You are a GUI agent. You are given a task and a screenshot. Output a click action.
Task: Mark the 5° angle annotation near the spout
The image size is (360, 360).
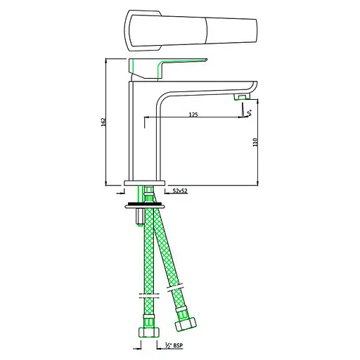pyautogui.click(x=248, y=109)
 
